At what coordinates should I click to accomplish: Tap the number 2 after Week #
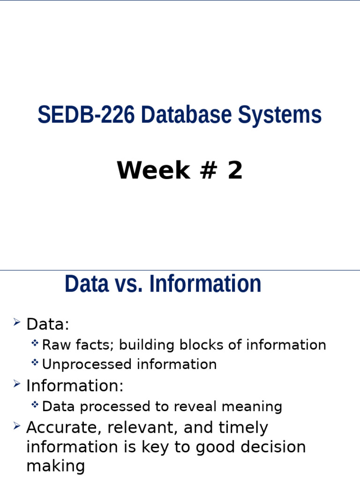click(x=235, y=171)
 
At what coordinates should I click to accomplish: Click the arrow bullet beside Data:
click(x=17, y=322)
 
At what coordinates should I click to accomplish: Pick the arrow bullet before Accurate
click(x=17, y=426)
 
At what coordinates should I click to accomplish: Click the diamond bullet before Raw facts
click(x=35, y=344)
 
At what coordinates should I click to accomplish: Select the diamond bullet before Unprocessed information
click(x=35, y=363)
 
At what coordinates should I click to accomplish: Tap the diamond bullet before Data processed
click(x=35, y=405)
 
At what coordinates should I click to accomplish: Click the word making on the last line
click(x=56, y=466)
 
